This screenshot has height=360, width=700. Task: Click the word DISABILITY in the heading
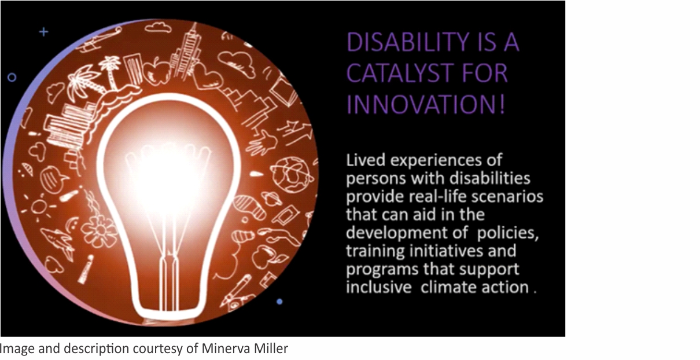coord(408,42)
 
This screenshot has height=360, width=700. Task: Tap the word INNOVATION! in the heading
coord(426,104)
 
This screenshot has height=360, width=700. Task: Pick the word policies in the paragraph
coord(508,233)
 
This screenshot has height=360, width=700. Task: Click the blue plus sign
coord(44,32)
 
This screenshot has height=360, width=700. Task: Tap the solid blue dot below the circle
coord(279,302)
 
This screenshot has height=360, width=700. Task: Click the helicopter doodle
coord(100,40)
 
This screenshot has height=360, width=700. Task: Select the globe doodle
coord(291,175)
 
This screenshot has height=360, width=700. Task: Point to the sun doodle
coord(40,206)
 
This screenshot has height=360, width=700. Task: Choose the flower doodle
coord(100,230)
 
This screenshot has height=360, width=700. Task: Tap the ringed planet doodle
coord(271,199)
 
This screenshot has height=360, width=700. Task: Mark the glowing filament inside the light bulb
coord(169,175)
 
